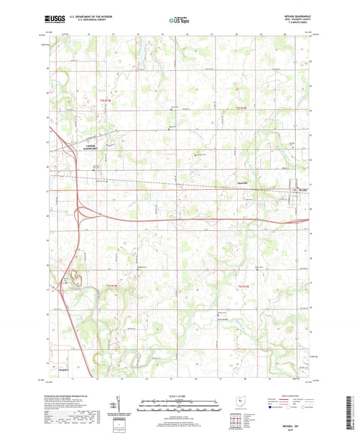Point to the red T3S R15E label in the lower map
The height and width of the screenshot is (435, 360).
coord(245,289)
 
